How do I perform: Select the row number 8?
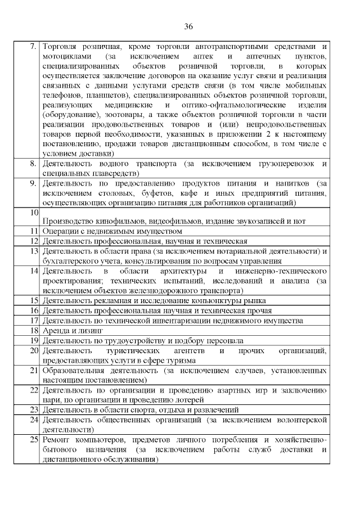(x=33, y=163)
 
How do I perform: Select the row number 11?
(x=33, y=231)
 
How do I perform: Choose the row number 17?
(x=33, y=321)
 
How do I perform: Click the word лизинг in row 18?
(x=82, y=331)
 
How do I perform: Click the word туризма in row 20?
(x=182, y=361)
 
